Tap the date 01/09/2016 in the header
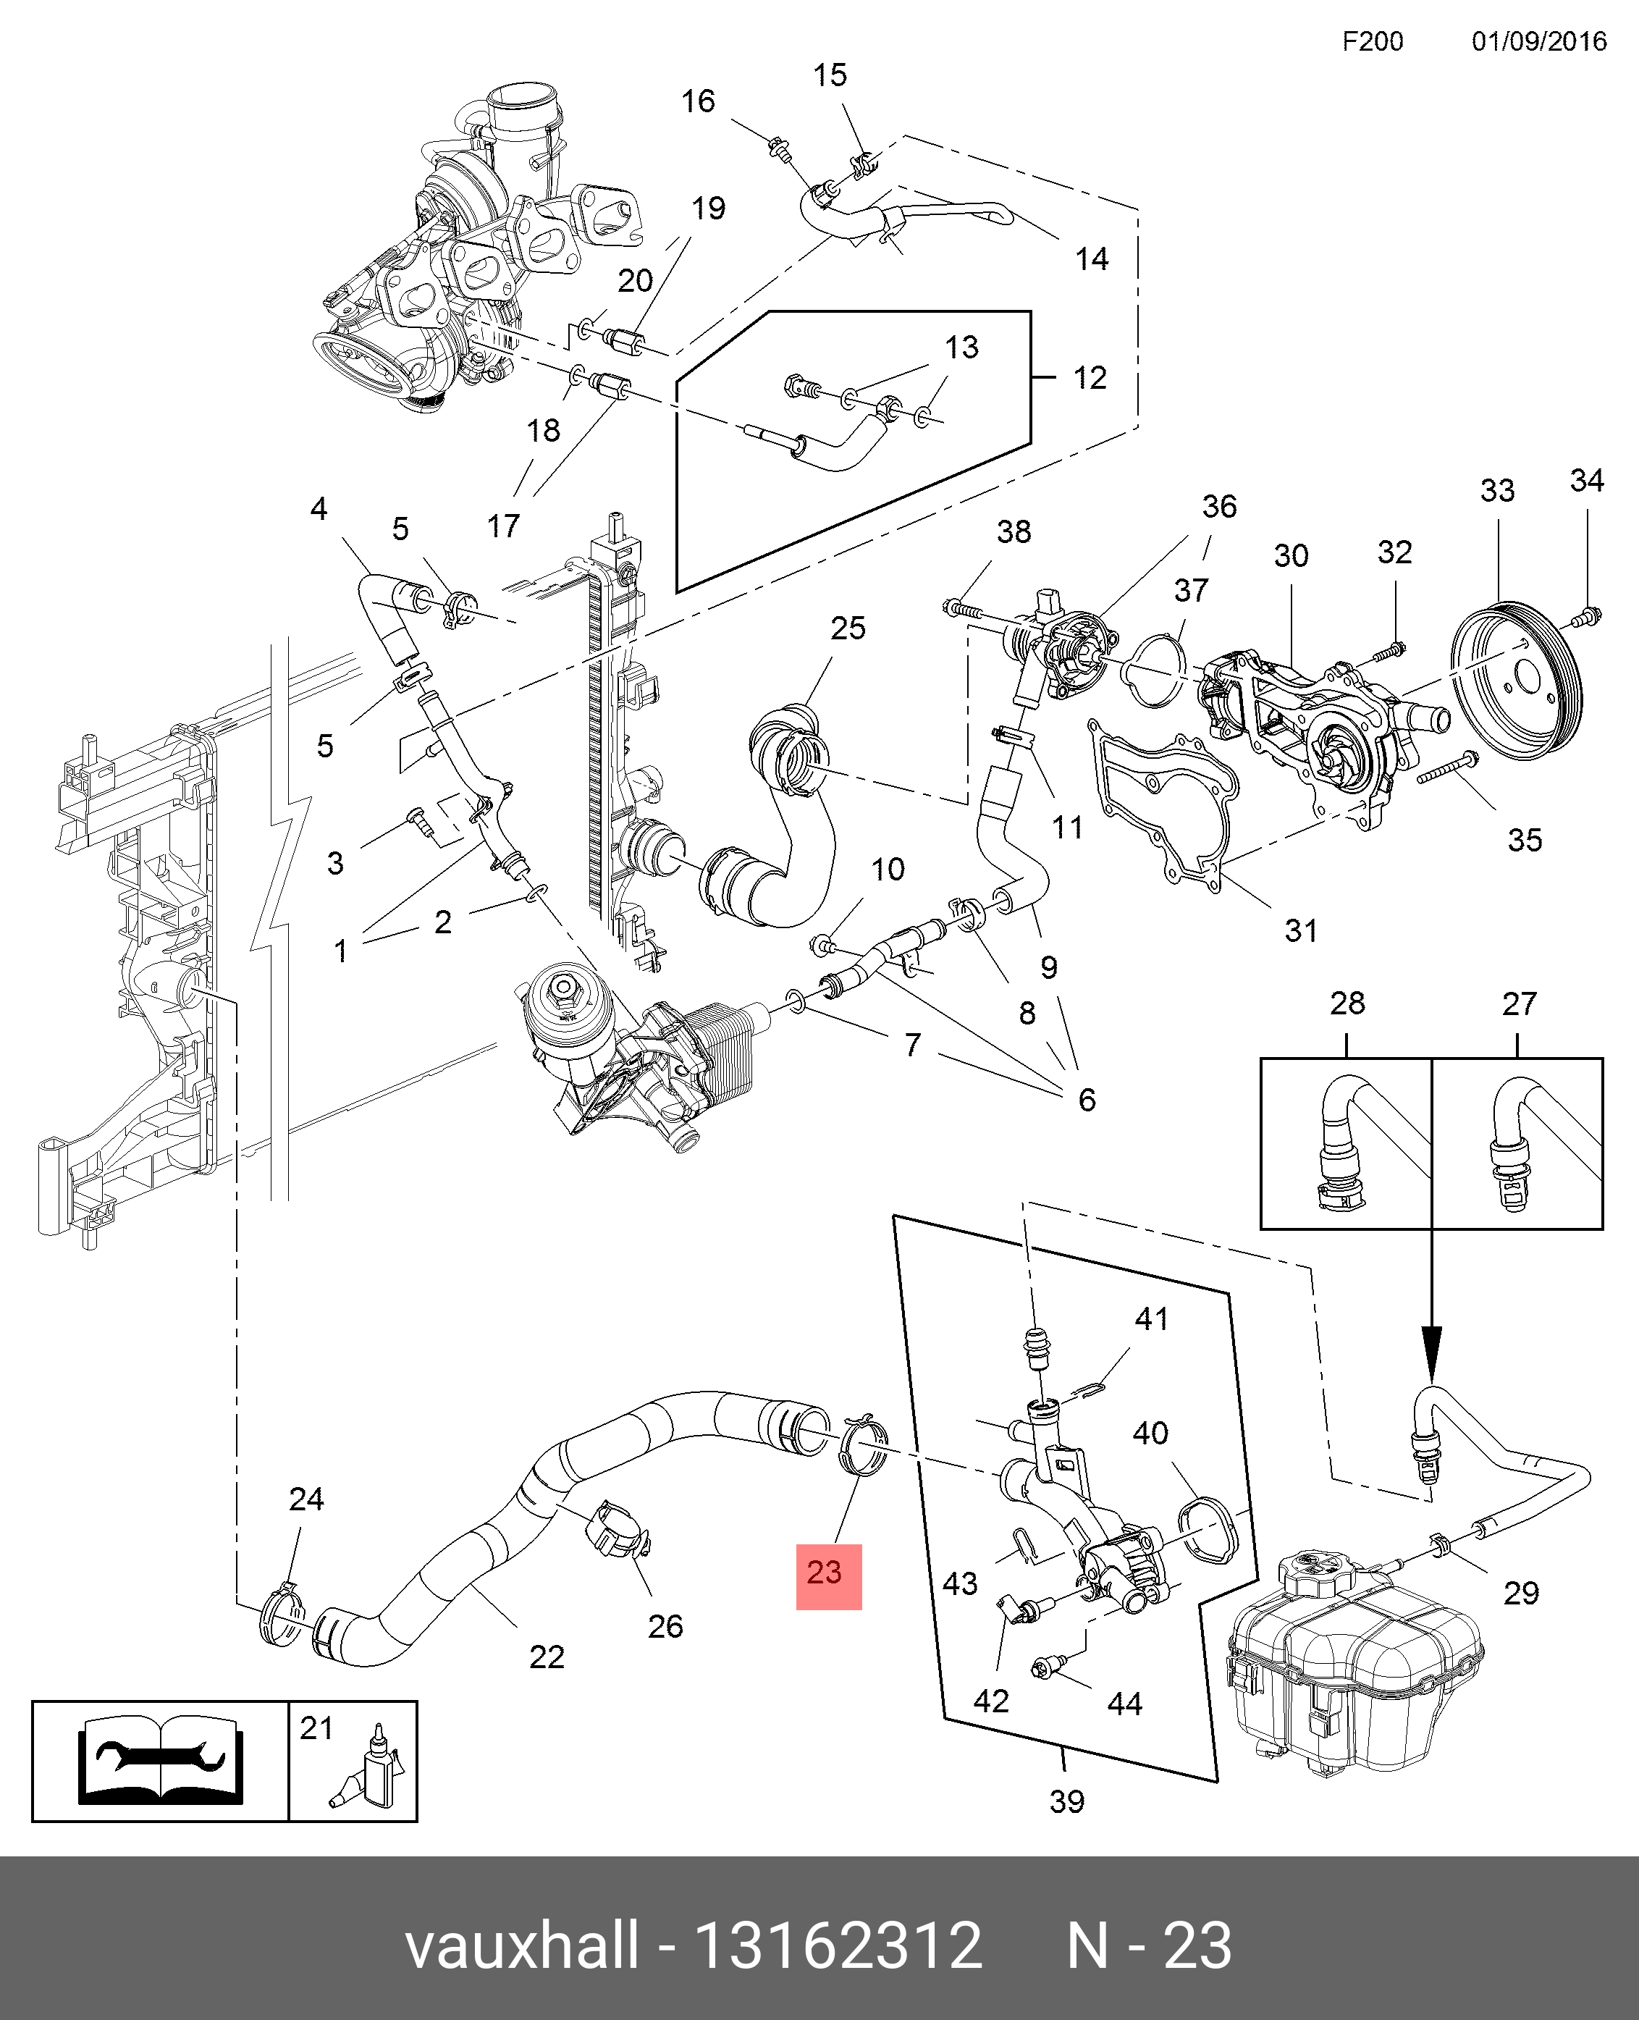pos(1539,41)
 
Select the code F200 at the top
pos(1373,41)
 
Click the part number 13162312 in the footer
pos(838,1946)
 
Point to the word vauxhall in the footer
pos(522,1946)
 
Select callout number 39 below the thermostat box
pos(1067,1801)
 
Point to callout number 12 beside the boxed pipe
pos(1090,379)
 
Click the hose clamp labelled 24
pos(282,1617)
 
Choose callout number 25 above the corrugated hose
pos(848,628)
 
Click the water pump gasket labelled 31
pos(1161,803)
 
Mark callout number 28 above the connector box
pos(1347,1003)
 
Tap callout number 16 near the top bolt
pos(698,101)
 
